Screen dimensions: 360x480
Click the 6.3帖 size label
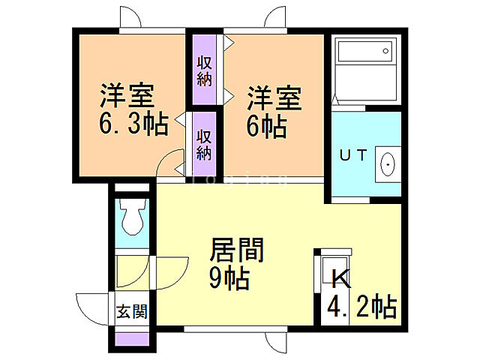pos(133,123)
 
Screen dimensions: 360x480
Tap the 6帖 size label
pos(266,125)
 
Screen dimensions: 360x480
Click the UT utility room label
pos(352,156)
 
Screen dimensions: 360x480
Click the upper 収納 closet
pos(204,70)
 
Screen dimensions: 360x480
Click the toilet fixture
pos(133,217)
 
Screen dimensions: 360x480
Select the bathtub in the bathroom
pos(364,52)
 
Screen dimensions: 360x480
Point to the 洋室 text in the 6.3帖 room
pos(127,96)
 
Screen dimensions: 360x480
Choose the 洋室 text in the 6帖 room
pos(274,97)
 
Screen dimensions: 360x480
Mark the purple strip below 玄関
pos(132,337)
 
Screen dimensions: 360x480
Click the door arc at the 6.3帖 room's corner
pos(173,161)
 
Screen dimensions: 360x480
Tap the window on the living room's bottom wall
pos(221,328)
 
